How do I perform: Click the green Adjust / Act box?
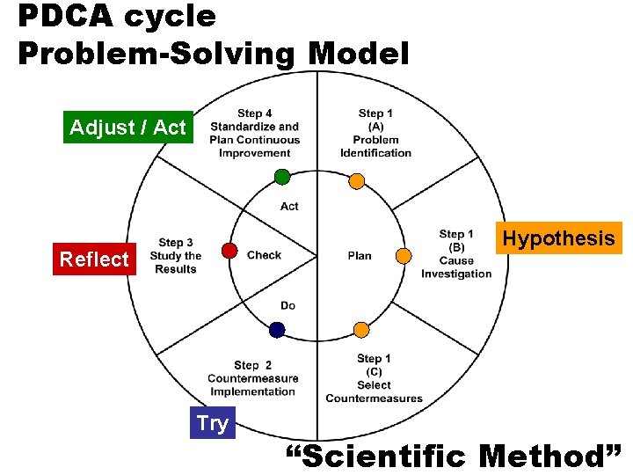tap(128, 128)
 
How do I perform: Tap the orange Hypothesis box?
tap(558, 238)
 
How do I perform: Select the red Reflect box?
tap(94, 259)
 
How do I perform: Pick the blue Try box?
tap(213, 423)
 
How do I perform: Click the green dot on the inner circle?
tap(282, 177)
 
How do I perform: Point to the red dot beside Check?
tap(229, 251)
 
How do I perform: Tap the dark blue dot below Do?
tap(277, 330)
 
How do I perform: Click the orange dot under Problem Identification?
tap(356, 181)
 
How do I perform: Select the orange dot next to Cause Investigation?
tap(403, 256)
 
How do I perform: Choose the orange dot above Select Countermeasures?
tap(361, 330)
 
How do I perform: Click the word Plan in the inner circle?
tap(360, 256)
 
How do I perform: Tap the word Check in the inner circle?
tap(264, 255)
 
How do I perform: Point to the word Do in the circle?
tap(287, 305)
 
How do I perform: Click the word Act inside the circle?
tap(289, 207)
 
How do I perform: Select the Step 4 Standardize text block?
tap(254, 133)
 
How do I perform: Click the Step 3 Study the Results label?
tap(176, 256)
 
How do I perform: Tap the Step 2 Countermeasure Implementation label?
tap(252, 378)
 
